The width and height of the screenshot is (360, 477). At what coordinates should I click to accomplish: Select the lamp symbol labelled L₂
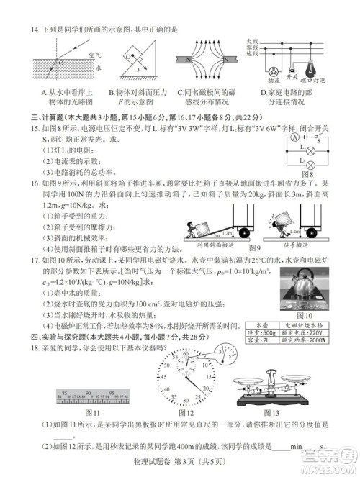[310, 165]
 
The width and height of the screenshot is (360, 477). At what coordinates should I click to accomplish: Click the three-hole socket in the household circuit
[273, 72]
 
